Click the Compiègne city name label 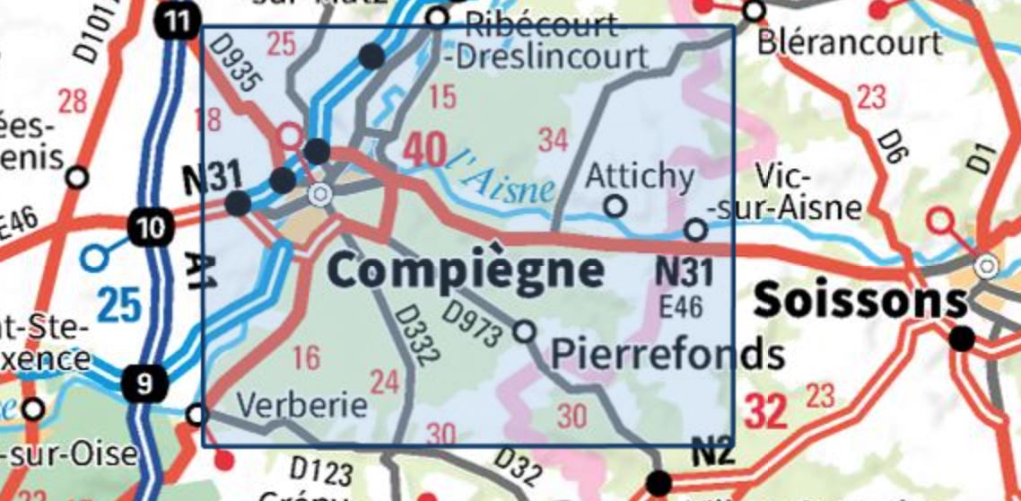(465, 269)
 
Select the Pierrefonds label (667, 355)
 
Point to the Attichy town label (639, 177)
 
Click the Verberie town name (301, 406)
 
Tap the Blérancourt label (850, 41)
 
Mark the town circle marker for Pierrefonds (524, 332)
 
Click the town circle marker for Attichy (615, 207)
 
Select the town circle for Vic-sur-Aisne (696, 230)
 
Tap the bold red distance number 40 (423, 150)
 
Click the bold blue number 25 (119, 305)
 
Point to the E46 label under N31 (680, 305)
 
